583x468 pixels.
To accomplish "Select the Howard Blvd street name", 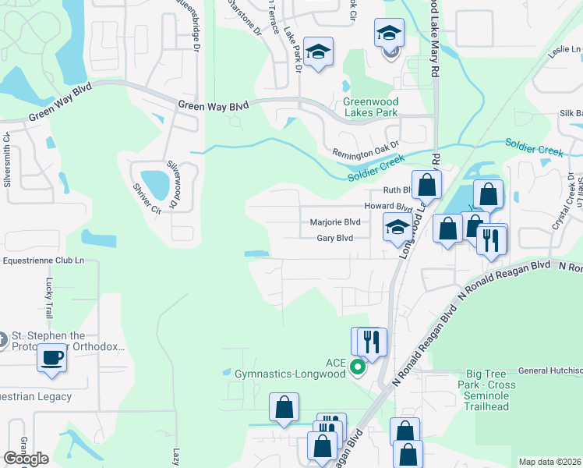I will tap(387, 207).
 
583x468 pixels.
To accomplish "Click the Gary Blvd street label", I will tap(335, 238).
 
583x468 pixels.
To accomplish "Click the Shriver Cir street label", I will tap(146, 198).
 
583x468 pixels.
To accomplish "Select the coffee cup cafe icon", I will tap(51, 357).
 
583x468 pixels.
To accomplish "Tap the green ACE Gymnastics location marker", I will tap(358, 367).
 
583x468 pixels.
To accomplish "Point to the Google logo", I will tap(26, 459).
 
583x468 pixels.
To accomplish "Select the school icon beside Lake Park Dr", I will tap(317, 52).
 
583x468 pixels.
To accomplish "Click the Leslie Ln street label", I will tap(565, 50).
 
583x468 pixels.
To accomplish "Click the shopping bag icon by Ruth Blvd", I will tap(426, 186).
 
